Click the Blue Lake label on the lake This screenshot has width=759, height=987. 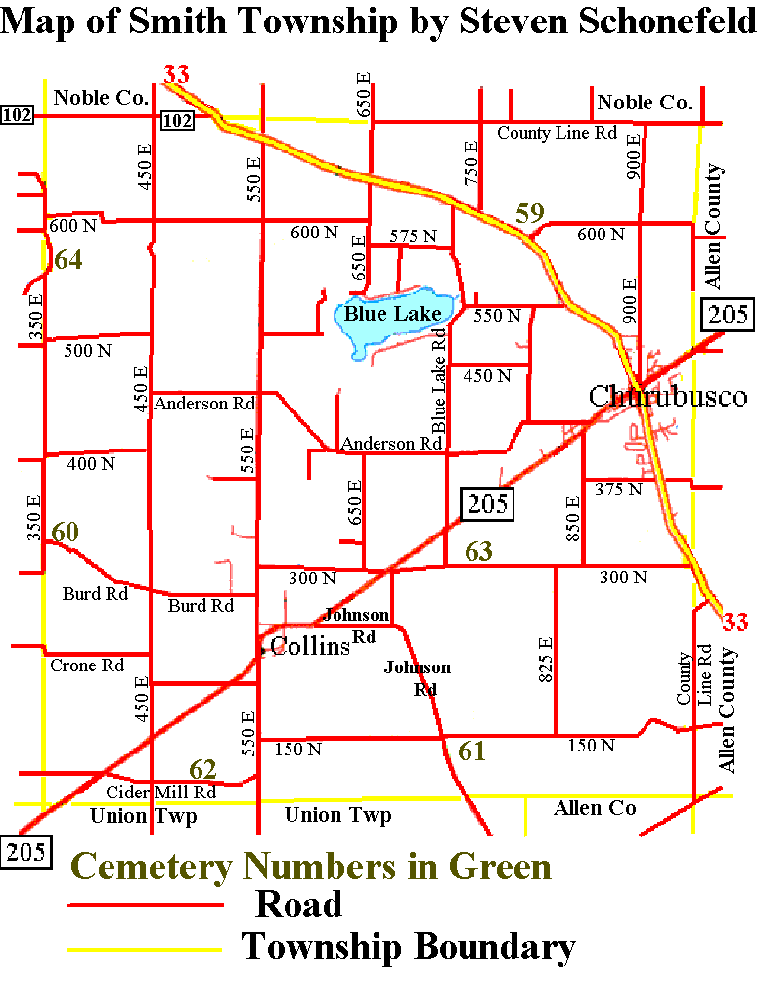(x=392, y=314)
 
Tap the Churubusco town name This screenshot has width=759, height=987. (x=667, y=396)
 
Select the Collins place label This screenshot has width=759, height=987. (x=309, y=645)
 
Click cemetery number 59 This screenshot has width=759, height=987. (x=529, y=213)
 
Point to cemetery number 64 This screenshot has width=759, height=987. (x=68, y=259)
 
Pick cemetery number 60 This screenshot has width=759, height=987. (x=65, y=533)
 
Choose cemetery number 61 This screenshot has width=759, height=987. (x=471, y=751)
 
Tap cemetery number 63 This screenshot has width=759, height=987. (x=478, y=552)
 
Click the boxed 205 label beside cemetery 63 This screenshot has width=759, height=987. (x=487, y=503)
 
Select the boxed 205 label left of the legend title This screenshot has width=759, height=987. (x=25, y=852)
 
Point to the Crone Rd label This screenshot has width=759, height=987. (x=87, y=665)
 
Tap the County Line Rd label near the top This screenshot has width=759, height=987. (x=557, y=133)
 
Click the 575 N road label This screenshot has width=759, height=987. (x=413, y=236)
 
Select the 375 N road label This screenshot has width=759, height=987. (x=619, y=490)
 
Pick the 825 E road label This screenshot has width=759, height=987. (x=546, y=659)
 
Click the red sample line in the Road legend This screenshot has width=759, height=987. (x=146, y=906)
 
